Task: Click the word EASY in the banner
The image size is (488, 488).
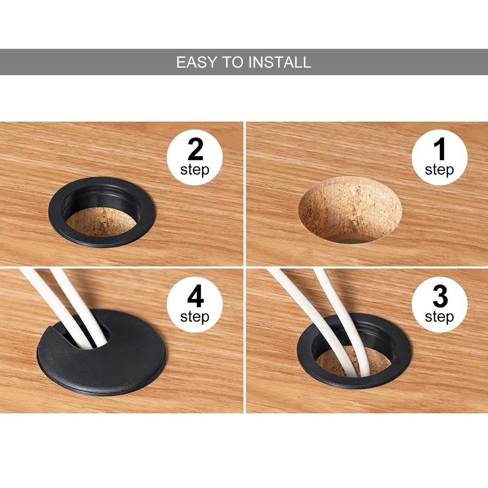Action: click(x=197, y=62)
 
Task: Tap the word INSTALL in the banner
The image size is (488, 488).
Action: click(x=280, y=62)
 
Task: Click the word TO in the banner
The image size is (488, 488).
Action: click(x=233, y=62)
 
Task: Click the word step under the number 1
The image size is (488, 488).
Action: click(x=439, y=170)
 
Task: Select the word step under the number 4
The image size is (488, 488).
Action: click(x=195, y=318)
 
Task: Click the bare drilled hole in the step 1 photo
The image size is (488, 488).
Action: click(x=350, y=210)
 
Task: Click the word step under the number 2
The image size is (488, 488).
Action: click(x=195, y=170)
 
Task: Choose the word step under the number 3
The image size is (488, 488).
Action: click(x=439, y=318)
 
